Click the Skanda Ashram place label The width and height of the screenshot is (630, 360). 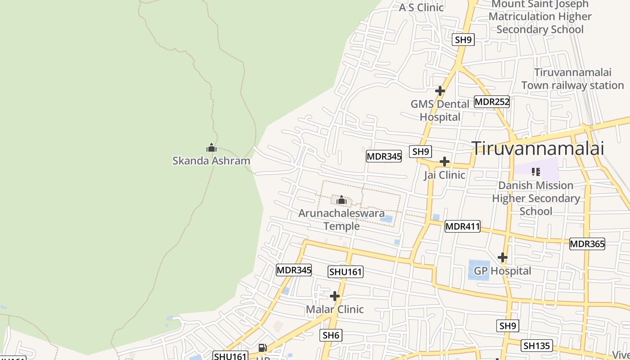click(211, 161)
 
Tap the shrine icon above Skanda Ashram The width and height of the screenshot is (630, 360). click(211, 148)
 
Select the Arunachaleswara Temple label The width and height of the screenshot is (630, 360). click(342, 219)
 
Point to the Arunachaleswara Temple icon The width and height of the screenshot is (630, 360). click(342, 200)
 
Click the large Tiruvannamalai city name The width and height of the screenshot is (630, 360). click(538, 148)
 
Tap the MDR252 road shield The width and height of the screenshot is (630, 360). click(492, 102)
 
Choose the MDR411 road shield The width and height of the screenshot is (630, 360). click(462, 226)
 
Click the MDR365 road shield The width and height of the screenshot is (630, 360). click(587, 244)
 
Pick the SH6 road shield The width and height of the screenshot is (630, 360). click(331, 335)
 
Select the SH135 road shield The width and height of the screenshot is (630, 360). click(536, 346)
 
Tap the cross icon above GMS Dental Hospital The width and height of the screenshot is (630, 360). click(440, 91)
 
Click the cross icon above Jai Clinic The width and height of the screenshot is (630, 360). click(445, 162)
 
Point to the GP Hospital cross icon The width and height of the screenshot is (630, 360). click(503, 257)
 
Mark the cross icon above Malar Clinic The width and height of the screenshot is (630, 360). click(335, 296)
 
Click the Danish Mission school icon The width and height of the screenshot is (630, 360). click(535, 171)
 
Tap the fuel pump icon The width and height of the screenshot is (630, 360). click(262, 347)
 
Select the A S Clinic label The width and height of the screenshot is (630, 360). click(421, 7)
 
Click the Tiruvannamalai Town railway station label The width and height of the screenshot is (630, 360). click(572, 79)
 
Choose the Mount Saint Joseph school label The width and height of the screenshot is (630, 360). click(540, 17)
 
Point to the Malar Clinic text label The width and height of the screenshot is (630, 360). click(335, 309)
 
